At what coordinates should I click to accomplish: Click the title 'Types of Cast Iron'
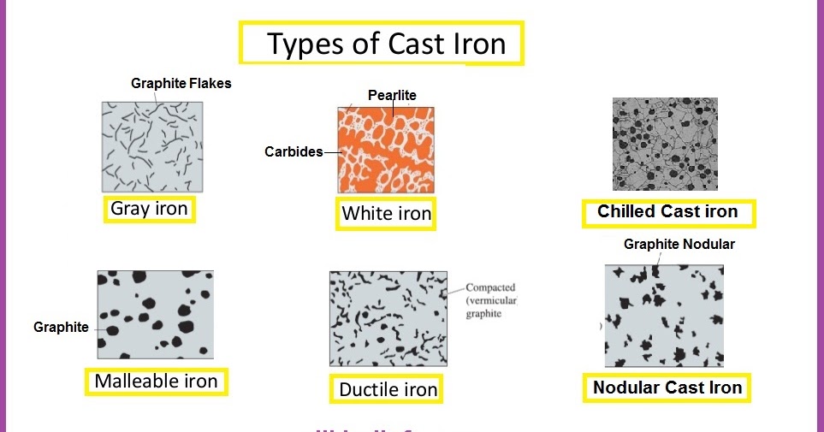click(x=387, y=44)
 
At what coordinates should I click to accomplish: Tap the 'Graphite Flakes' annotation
click(x=181, y=84)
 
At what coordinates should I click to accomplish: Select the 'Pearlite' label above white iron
click(x=392, y=95)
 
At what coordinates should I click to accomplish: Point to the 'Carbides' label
click(x=293, y=152)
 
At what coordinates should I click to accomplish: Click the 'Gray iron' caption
click(x=149, y=209)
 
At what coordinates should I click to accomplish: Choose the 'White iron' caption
click(x=386, y=213)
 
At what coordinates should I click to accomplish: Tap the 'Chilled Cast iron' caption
click(x=667, y=211)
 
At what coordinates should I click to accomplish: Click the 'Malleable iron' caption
click(x=156, y=382)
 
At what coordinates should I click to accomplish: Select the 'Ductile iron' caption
click(x=388, y=390)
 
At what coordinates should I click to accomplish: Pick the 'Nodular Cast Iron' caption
click(x=667, y=388)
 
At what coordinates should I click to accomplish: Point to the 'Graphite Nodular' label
click(x=679, y=245)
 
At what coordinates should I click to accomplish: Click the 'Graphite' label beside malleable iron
click(x=61, y=328)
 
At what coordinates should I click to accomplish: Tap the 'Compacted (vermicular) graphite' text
click(x=490, y=301)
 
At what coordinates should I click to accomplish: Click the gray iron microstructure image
click(x=152, y=146)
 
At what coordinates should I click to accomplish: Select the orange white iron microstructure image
click(x=386, y=150)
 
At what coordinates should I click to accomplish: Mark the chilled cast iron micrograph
click(x=665, y=144)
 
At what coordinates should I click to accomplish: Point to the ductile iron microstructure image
click(x=388, y=319)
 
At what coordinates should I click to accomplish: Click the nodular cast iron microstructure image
click(x=664, y=316)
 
